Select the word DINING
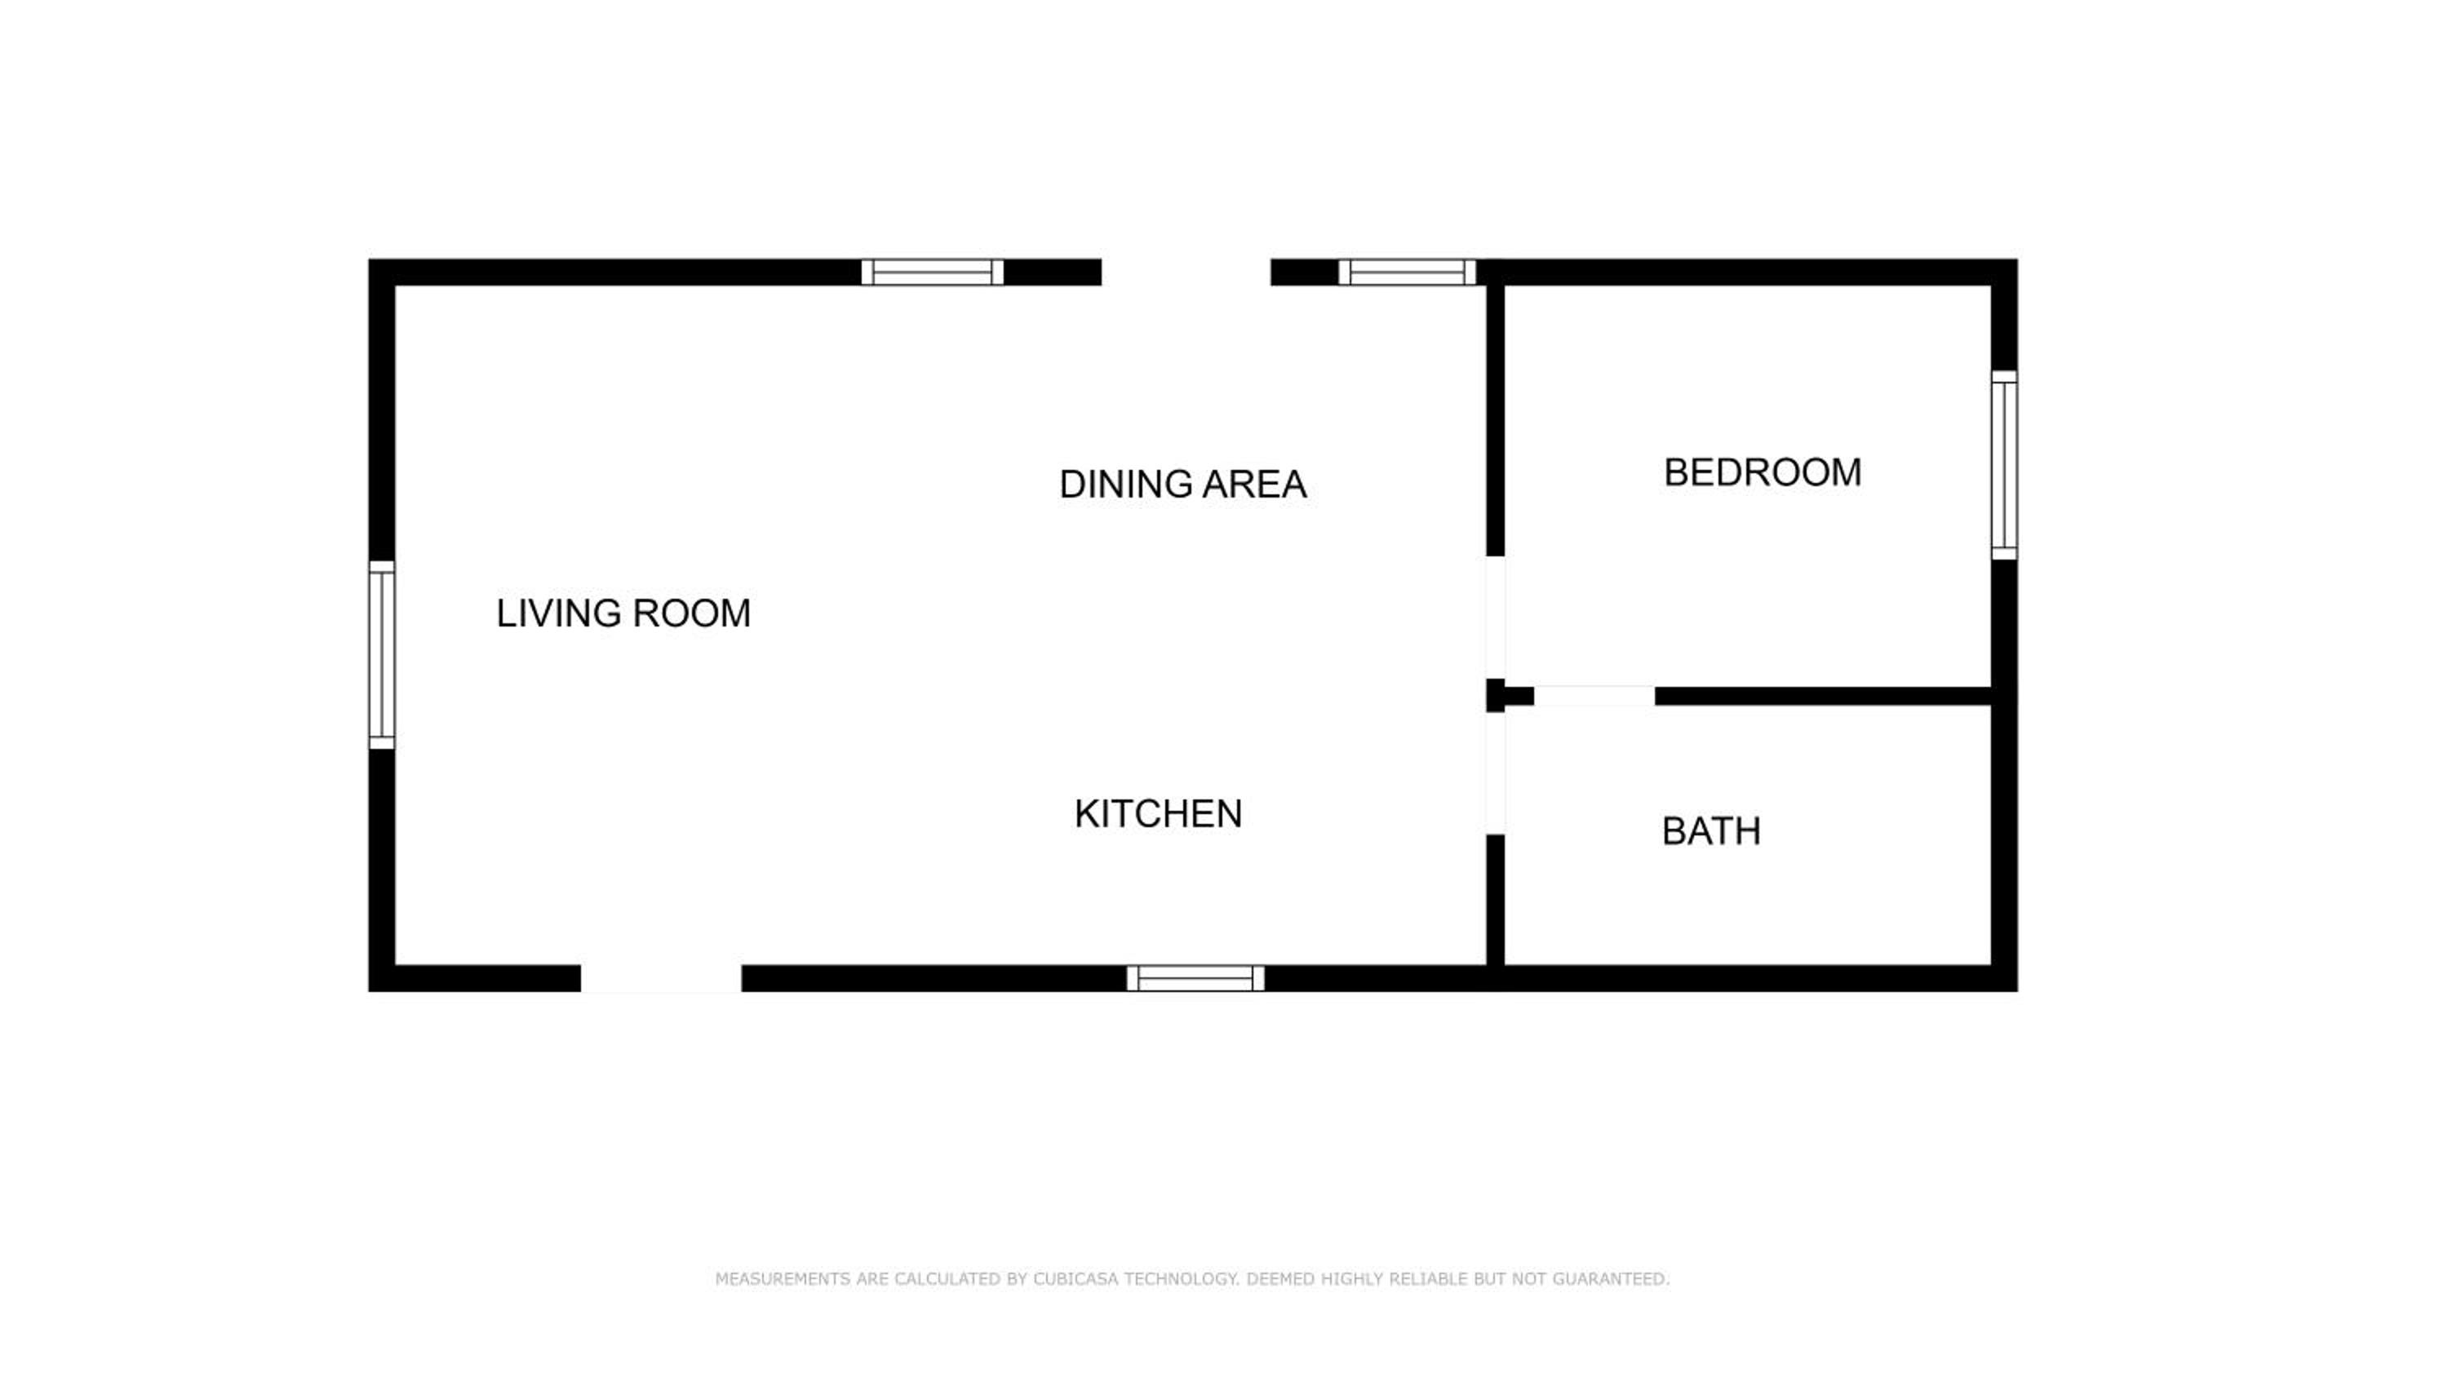tap(1126, 485)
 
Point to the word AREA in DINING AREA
tap(1254, 485)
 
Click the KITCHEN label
tap(1159, 814)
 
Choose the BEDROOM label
tap(1763, 473)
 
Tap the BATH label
tap(1711, 832)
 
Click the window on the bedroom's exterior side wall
tap(2004, 466)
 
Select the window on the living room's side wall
tap(381, 655)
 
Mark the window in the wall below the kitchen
tap(1195, 978)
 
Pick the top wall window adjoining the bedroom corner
tap(1408, 272)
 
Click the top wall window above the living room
tap(932, 272)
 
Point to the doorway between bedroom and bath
tap(1594, 696)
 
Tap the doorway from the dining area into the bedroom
tap(1496, 618)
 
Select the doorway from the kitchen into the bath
tap(1496, 773)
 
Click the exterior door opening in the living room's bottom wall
tap(662, 979)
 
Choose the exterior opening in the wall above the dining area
tap(1186, 272)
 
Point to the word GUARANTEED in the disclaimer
tap(1611, 1279)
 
